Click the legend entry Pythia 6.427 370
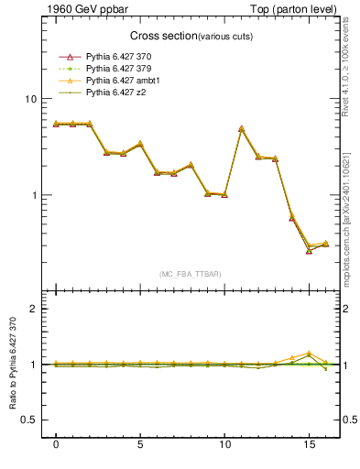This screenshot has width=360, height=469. tap(119, 57)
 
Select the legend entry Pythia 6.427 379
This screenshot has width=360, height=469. tap(119, 69)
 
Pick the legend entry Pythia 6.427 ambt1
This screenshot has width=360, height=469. tap(122, 81)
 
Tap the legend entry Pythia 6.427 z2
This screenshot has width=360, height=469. tap(115, 93)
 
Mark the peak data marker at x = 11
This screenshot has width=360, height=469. tap(241, 129)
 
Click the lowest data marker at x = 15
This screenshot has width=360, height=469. tap(309, 250)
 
